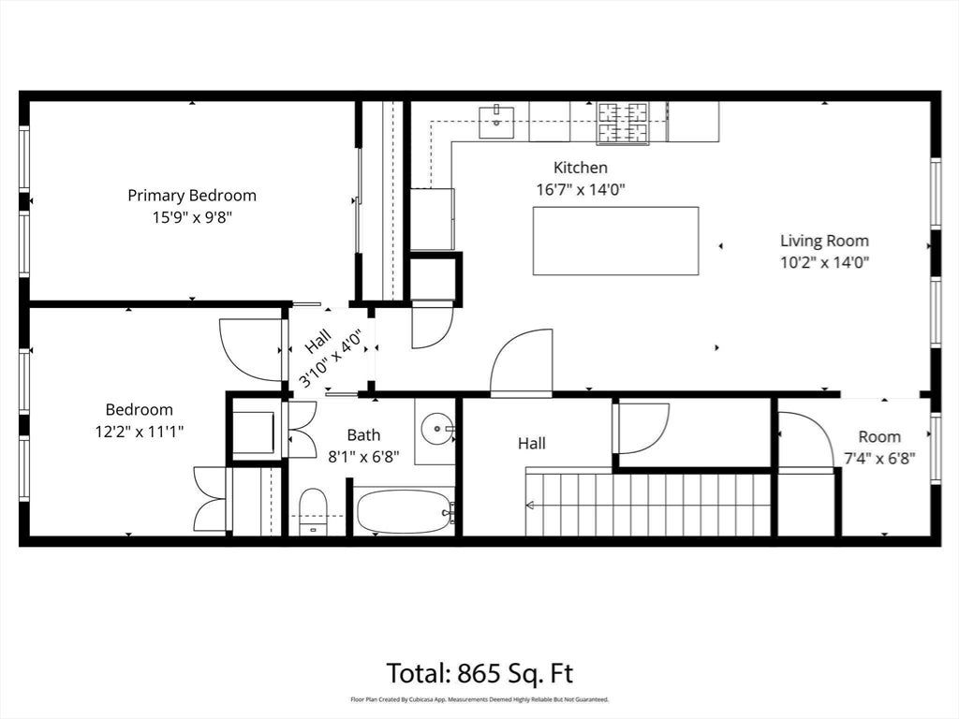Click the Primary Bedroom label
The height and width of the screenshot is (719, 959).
[x=192, y=196]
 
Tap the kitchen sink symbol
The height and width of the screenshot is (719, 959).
[x=496, y=122]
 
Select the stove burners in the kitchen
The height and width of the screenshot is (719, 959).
[x=623, y=123]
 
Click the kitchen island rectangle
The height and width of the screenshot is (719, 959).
[x=615, y=241]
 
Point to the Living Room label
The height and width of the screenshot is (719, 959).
[x=824, y=241]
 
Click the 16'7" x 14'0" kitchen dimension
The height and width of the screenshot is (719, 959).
[x=581, y=189]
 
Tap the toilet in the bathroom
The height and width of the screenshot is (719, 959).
[x=314, y=511]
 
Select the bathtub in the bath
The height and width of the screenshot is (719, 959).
[x=405, y=511]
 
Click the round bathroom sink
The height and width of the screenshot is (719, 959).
[x=438, y=427]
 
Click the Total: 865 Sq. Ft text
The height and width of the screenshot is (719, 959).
[x=480, y=673]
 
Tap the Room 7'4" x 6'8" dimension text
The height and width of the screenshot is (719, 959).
[x=879, y=459]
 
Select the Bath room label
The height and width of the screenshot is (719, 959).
[x=363, y=435]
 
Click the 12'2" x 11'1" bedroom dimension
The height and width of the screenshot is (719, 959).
[x=140, y=432]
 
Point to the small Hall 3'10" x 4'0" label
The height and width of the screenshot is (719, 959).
[x=329, y=357]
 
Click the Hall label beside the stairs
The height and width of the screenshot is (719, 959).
[x=532, y=443]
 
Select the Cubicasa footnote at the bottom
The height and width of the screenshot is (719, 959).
[x=479, y=699]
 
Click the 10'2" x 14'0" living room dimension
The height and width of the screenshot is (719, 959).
[x=824, y=263]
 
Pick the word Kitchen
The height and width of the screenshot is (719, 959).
[x=581, y=168]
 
